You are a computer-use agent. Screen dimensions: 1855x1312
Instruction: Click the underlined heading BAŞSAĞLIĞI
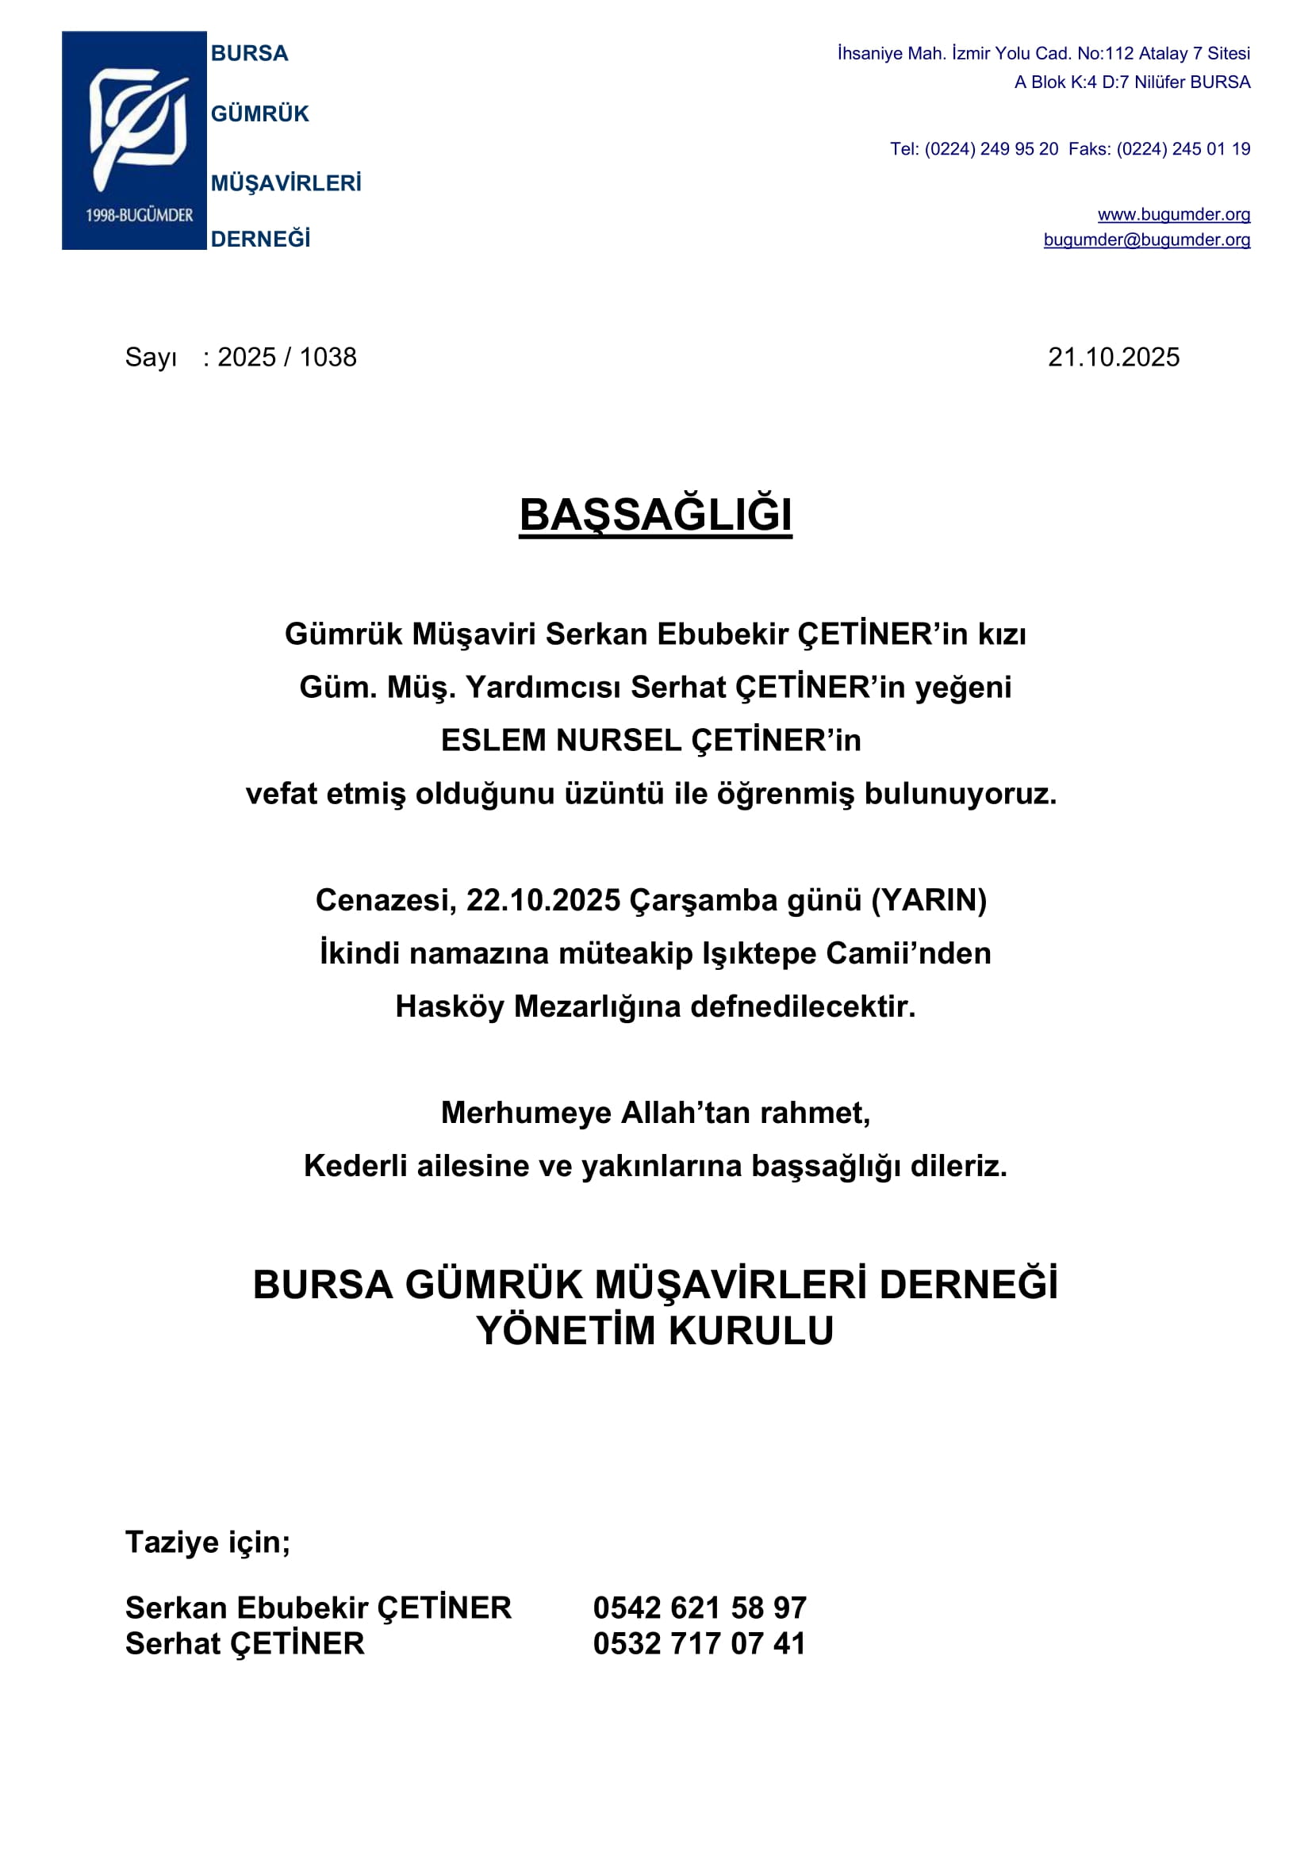click(655, 515)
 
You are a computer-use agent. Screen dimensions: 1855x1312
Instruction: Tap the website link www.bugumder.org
click(1173, 214)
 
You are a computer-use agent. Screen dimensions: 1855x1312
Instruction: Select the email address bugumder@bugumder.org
click(1146, 240)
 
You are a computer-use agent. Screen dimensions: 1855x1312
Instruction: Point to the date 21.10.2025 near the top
click(1113, 357)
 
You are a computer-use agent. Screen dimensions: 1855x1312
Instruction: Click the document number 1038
click(328, 357)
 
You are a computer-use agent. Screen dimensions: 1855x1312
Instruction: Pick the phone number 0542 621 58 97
click(700, 1608)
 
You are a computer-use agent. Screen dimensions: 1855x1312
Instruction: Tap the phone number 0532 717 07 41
click(700, 1643)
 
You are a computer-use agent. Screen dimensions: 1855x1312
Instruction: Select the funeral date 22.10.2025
click(543, 900)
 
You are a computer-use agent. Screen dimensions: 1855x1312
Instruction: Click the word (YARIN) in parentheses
click(928, 900)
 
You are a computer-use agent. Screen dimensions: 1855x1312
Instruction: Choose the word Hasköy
click(449, 1006)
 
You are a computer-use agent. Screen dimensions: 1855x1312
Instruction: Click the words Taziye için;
click(208, 1543)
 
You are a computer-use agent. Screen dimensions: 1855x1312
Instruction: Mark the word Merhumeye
click(526, 1113)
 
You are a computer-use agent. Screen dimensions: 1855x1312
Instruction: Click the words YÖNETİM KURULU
click(655, 1331)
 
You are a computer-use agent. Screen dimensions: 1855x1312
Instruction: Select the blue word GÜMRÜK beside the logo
click(260, 114)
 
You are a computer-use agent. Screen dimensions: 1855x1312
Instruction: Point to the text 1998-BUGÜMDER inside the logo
click(140, 215)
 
